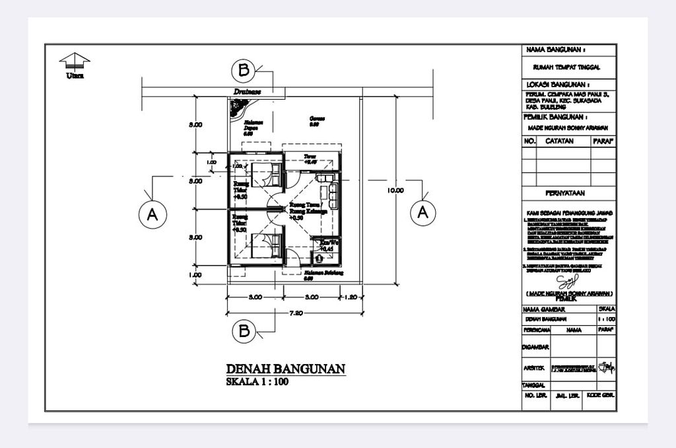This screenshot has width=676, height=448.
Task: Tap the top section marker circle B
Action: tap(244, 70)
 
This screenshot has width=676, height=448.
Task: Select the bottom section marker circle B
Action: tap(244, 330)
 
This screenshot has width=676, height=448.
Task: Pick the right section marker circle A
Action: tap(423, 212)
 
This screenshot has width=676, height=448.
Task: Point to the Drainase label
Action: tap(247, 92)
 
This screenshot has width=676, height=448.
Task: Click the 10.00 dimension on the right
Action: tap(395, 190)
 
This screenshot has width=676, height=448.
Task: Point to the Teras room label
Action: tap(310, 157)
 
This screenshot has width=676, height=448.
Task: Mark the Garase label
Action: tap(316, 120)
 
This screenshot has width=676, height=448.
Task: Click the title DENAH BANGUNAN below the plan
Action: tap(285, 369)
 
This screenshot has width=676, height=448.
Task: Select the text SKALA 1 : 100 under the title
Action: tap(257, 382)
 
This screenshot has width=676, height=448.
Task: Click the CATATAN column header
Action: tap(560, 141)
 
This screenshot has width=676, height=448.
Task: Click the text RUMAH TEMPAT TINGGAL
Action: tap(566, 67)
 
